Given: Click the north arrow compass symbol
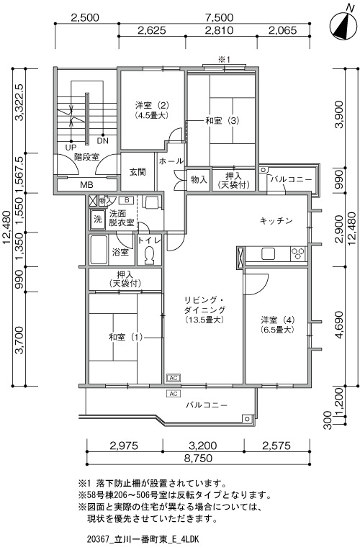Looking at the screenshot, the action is coord(343,24).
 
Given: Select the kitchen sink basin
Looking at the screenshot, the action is coord(268,254).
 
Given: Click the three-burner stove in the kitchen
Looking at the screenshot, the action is coord(298,254).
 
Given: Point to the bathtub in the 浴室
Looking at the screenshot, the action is coord(99,249).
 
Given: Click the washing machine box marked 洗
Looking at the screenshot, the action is coord(97,219).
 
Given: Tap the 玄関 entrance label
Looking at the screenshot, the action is coord(137,172).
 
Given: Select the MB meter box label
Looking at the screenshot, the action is coord(86,184).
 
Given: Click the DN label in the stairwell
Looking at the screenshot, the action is coord(103,141).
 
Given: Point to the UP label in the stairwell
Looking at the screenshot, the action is coord(71,148).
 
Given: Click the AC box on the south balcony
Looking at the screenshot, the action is coord(173,394).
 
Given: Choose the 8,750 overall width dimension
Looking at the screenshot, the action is coord(198,459).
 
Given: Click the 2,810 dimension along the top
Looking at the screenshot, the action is coord(219,30).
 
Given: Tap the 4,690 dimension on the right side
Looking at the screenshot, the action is coord(339,325).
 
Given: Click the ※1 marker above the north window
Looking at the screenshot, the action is coord(224,60).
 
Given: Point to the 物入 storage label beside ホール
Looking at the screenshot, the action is coord(199,179).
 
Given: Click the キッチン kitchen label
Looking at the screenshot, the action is coord(276,221).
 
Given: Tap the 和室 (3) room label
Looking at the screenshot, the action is coord(222,121).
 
